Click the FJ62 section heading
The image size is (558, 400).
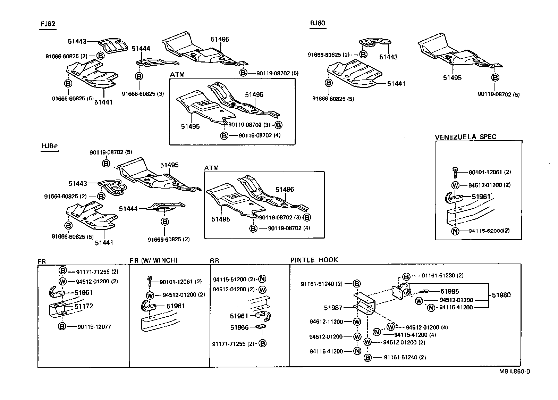[x=48, y=24]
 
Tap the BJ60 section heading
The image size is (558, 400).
[x=318, y=23]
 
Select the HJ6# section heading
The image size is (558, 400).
[x=49, y=146]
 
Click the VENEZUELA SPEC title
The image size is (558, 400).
[x=465, y=137]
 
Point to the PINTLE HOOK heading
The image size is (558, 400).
[x=314, y=260]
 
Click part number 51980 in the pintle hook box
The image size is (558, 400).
[x=501, y=295]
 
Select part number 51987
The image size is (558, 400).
[x=333, y=308]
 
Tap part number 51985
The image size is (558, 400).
[x=450, y=291]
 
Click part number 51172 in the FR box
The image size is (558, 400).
[x=84, y=306]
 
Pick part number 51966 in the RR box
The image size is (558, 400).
[x=239, y=327]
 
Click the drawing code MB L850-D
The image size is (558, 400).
[x=515, y=372]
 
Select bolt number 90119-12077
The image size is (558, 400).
[x=94, y=327]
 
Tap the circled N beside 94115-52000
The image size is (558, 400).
[x=455, y=231]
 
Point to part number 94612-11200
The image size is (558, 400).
[x=326, y=322]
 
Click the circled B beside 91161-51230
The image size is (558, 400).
[x=406, y=277]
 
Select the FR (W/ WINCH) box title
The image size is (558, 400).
[x=153, y=260]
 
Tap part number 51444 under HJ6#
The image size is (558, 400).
[x=128, y=209]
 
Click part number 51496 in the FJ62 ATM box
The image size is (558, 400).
[x=254, y=94]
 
